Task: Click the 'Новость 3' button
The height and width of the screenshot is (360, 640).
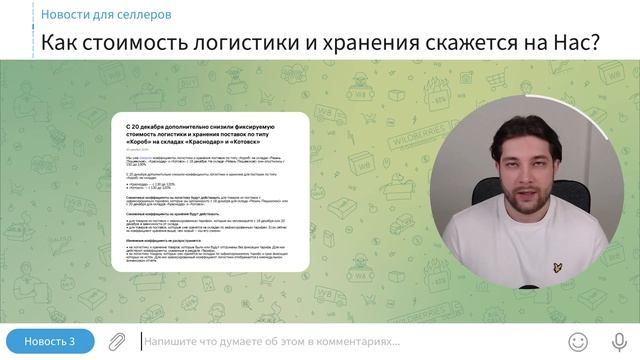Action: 49,341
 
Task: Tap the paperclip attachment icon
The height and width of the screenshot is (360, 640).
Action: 117,341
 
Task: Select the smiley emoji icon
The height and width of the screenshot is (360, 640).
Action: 578,341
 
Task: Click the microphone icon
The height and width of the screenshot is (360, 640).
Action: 619,341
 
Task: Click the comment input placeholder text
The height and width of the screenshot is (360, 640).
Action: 265,341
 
